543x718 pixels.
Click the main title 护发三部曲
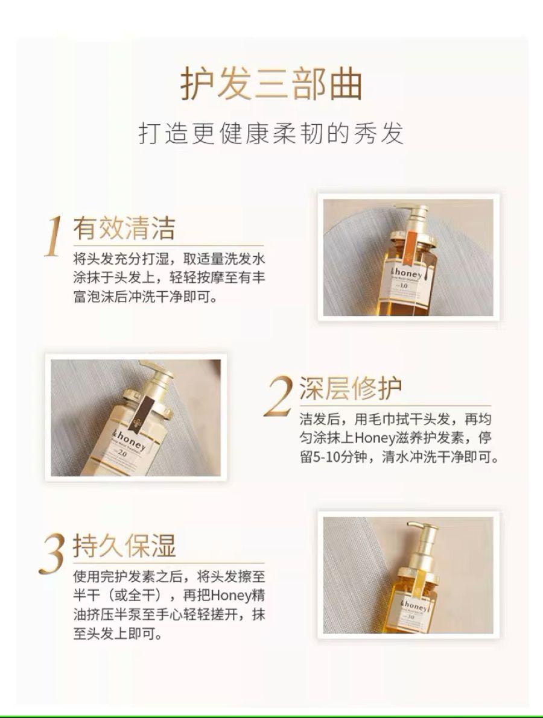271,85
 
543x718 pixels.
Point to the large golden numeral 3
53,552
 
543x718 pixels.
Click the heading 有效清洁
124,229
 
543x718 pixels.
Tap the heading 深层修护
351,389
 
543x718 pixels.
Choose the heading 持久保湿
124,546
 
